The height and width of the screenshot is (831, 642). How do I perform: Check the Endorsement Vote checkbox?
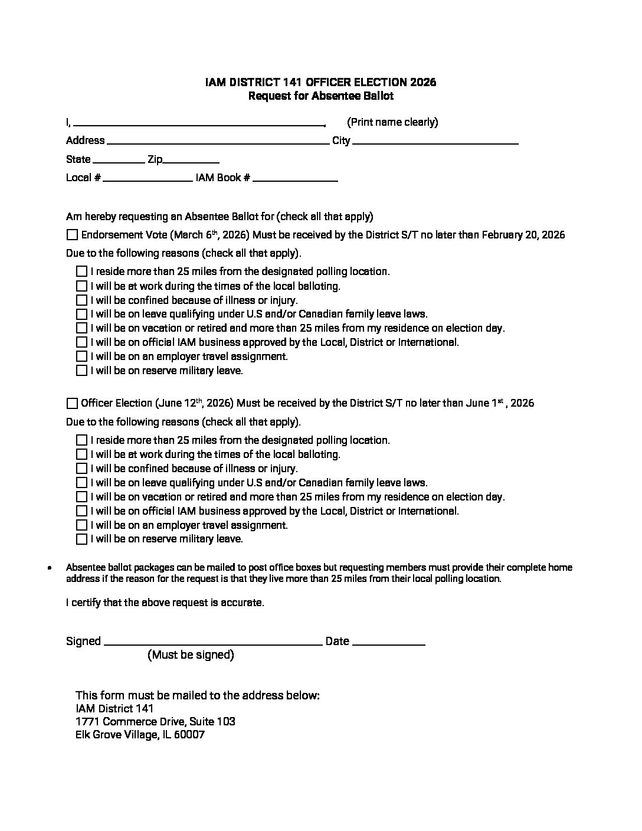[72, 235]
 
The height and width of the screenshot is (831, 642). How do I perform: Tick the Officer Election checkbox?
[72, 404]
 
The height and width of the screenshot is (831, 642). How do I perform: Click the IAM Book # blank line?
[295, 179]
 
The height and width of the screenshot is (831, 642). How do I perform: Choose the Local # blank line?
[148, 179]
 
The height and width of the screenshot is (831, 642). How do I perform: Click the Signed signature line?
[213, 643]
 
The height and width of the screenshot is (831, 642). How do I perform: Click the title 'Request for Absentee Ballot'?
[320, 96]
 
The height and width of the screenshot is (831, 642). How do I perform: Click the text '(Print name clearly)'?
[392, 122]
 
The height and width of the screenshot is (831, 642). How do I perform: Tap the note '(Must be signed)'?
[191, 655]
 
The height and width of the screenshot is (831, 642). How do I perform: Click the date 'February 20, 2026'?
[523, 235]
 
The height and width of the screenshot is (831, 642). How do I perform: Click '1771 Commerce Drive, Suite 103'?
[155, 721]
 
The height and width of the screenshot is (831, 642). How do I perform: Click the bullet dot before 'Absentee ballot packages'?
[51, 568]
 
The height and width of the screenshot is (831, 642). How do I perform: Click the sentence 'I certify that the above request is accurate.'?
[165, 603]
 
